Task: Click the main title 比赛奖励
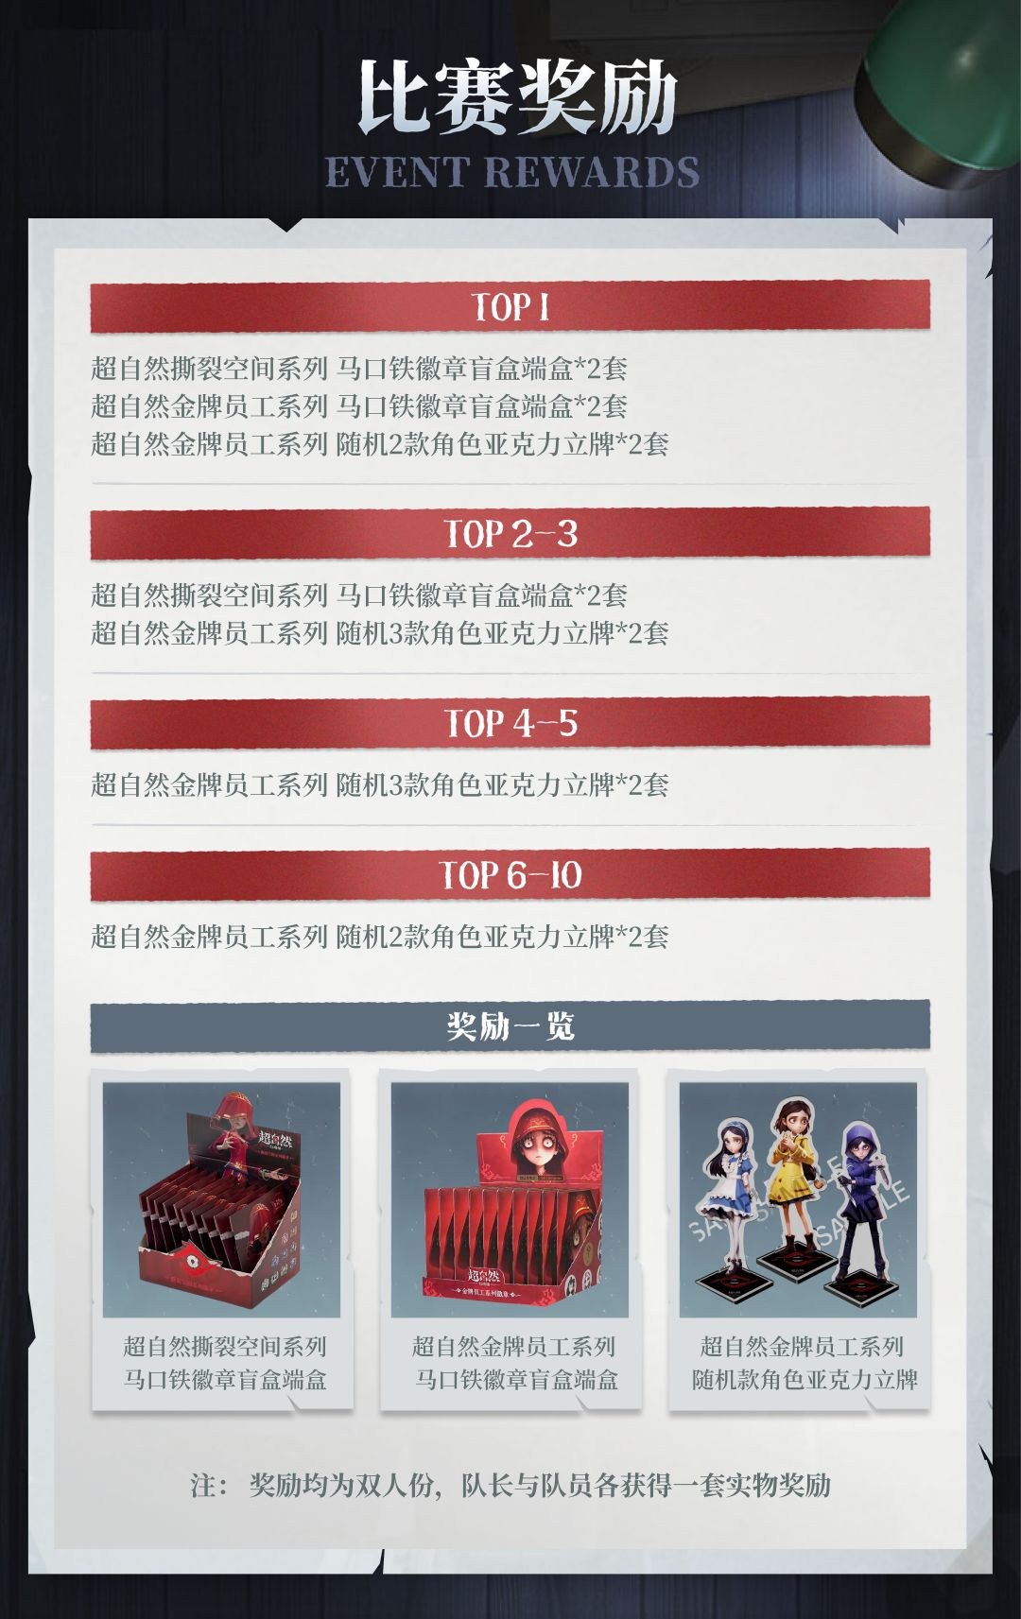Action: tap(518, 96)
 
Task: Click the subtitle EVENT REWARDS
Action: tap(512, 172)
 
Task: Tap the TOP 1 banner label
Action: tap(510, 307)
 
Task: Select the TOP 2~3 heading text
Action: tap(510, 534)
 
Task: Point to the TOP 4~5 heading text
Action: tap(510, 723)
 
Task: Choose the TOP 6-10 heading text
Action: tap(510, 874)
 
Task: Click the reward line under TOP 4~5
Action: tap(380, 784)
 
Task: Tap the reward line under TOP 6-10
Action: tap(380, 937)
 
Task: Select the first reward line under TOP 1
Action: tap(358, 369)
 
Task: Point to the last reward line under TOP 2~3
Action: tap(380, 633)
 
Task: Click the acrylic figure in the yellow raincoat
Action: tap(794, 1185)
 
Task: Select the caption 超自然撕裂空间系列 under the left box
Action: tap(225, 1347)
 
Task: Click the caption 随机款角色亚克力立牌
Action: tap(805, 1380)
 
